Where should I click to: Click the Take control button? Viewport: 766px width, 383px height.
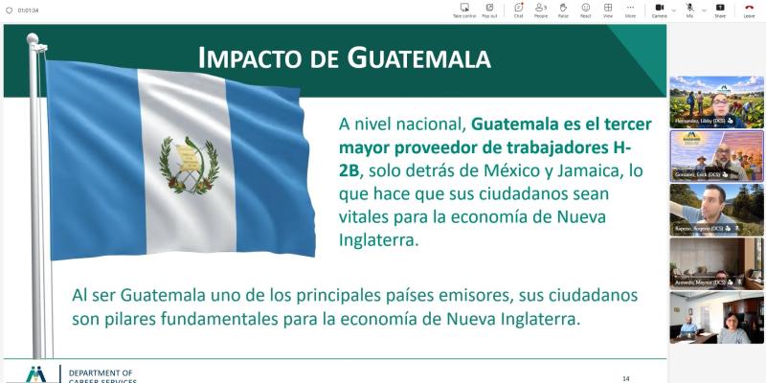coord(464,10)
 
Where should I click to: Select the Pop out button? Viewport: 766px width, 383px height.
coord(489,10)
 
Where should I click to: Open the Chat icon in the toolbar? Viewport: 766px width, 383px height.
coord(518,10)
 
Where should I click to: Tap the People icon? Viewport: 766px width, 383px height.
coord(541,10)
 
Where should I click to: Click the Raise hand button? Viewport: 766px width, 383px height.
coord(563,10)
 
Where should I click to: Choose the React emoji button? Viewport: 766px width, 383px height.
coord(585,10)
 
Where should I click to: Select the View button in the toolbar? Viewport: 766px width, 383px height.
coord(608,10)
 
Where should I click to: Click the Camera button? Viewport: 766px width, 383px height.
coord(659,10)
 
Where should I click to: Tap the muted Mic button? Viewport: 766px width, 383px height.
coord(689,10)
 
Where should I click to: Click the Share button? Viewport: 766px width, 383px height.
coord(720,10)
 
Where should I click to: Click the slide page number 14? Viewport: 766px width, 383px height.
coord(625,377)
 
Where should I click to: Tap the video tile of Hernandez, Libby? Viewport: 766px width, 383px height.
coord(716,101)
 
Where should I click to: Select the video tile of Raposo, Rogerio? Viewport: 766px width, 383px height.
coord(716,209)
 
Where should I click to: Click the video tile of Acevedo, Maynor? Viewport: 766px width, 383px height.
coord(716,262)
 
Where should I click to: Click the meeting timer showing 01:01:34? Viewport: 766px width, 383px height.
coord(28,10)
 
